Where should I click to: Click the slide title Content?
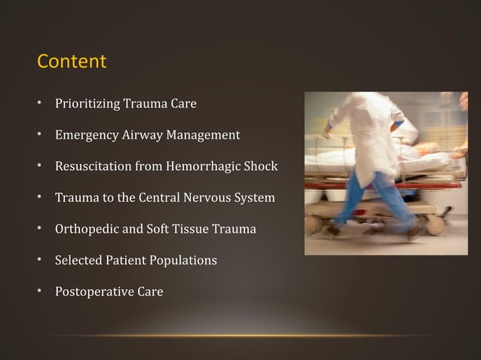click(x=72, y=61)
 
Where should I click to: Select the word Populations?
click(x=182, y=261)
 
